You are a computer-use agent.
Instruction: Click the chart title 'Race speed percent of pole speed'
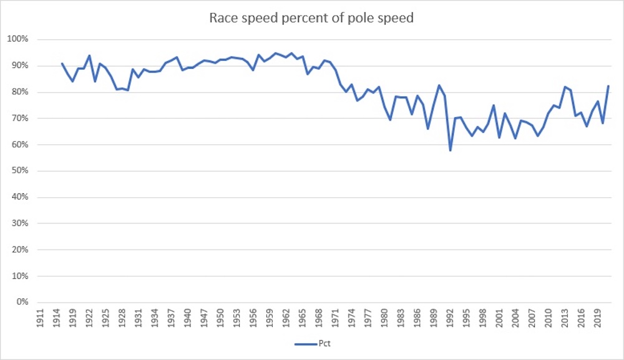[x=311, y=17]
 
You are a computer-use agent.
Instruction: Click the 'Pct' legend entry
[x=318, y=343]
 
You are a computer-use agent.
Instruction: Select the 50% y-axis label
[x=23, y=171]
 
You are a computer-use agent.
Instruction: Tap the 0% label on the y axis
[x=25, y=302]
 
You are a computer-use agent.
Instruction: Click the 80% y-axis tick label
[x=23, y=92]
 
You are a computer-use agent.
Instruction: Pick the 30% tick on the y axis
[x=23, y=223]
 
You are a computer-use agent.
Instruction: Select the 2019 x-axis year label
[x=597, y=318]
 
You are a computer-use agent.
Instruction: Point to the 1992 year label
[x=450, y=318]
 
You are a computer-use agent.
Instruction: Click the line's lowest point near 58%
[x=450, y=150]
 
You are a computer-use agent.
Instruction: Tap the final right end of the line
[x=608, y=86]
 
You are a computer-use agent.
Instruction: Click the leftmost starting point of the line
[x=62, y=63]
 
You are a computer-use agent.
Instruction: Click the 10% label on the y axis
[x=23, y=276]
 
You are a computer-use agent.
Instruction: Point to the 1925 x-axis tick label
[x=106, y=318]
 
